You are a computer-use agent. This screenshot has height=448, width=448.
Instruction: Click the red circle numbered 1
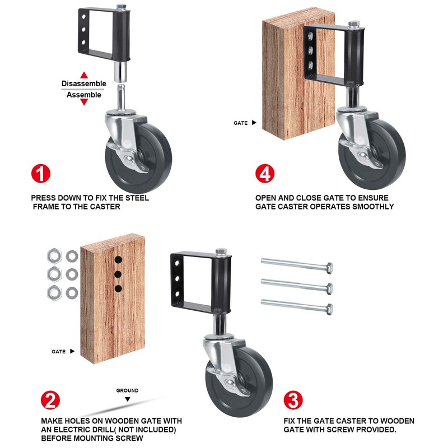coord(41,174)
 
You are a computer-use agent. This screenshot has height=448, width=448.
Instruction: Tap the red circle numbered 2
coord(50,401)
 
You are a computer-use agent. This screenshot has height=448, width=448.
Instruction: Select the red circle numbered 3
coord(292,401)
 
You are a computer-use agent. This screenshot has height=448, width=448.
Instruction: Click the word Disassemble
coord(83,83)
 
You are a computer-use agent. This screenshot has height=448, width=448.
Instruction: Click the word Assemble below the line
coord(84,95)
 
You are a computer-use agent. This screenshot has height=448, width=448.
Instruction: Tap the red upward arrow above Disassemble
coord(83,74)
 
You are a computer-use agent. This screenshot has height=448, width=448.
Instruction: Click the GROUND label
coord(127,390)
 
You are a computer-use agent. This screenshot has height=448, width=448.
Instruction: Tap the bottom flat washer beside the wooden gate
coord(72,292)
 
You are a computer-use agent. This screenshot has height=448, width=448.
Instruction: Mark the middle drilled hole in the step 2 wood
coord(118,274)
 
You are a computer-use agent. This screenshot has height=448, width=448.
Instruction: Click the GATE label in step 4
coord(241,122)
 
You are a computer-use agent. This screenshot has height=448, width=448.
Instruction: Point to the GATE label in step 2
coord(59,352)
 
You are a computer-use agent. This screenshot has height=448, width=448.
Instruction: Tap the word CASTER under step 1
coord(104,206)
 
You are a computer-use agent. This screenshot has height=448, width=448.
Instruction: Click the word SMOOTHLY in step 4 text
coord(374,206)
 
